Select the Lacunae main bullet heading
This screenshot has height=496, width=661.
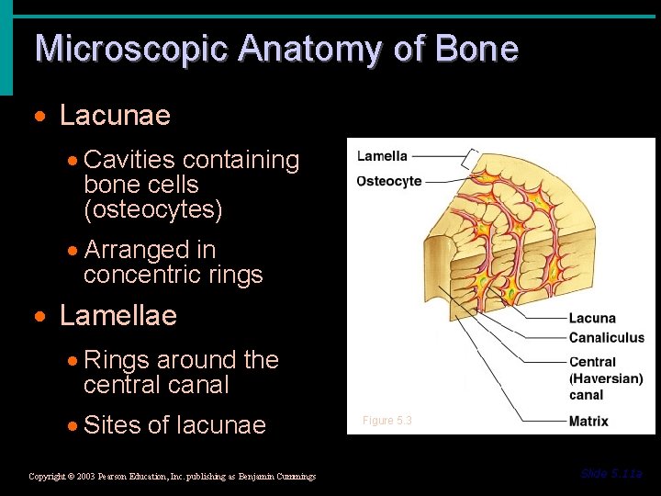[115, 116]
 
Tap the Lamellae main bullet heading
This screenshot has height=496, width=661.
[118, 316]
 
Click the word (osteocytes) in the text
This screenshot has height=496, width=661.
[153, 209]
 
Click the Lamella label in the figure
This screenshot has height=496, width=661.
[382, 156]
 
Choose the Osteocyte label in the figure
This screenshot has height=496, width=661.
[389, 181]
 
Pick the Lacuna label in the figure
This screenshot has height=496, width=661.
[592, 319]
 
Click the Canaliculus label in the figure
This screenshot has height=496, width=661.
[607, 337]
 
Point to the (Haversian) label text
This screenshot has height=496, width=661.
[606, 378]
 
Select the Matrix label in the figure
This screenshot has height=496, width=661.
[588, 422]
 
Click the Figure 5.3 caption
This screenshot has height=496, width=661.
[387, 421]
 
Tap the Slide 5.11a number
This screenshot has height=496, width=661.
[611, 474]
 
